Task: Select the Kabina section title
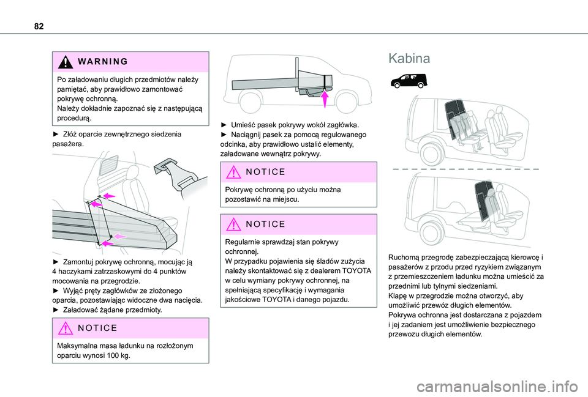click(410, 59)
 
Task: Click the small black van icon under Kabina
click(407, 80)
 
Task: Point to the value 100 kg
click(116, 356)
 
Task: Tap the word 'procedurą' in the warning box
click(74, 119)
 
